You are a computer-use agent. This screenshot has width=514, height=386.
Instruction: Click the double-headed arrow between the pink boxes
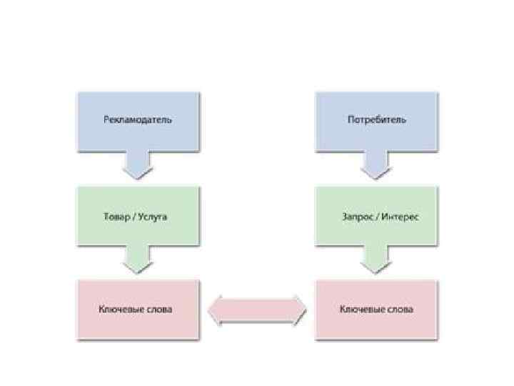click(x=257, y=310)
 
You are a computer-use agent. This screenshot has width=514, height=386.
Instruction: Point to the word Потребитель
click(x=377, y=119)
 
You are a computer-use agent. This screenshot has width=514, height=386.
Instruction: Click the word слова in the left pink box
click(x=156, y=310)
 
